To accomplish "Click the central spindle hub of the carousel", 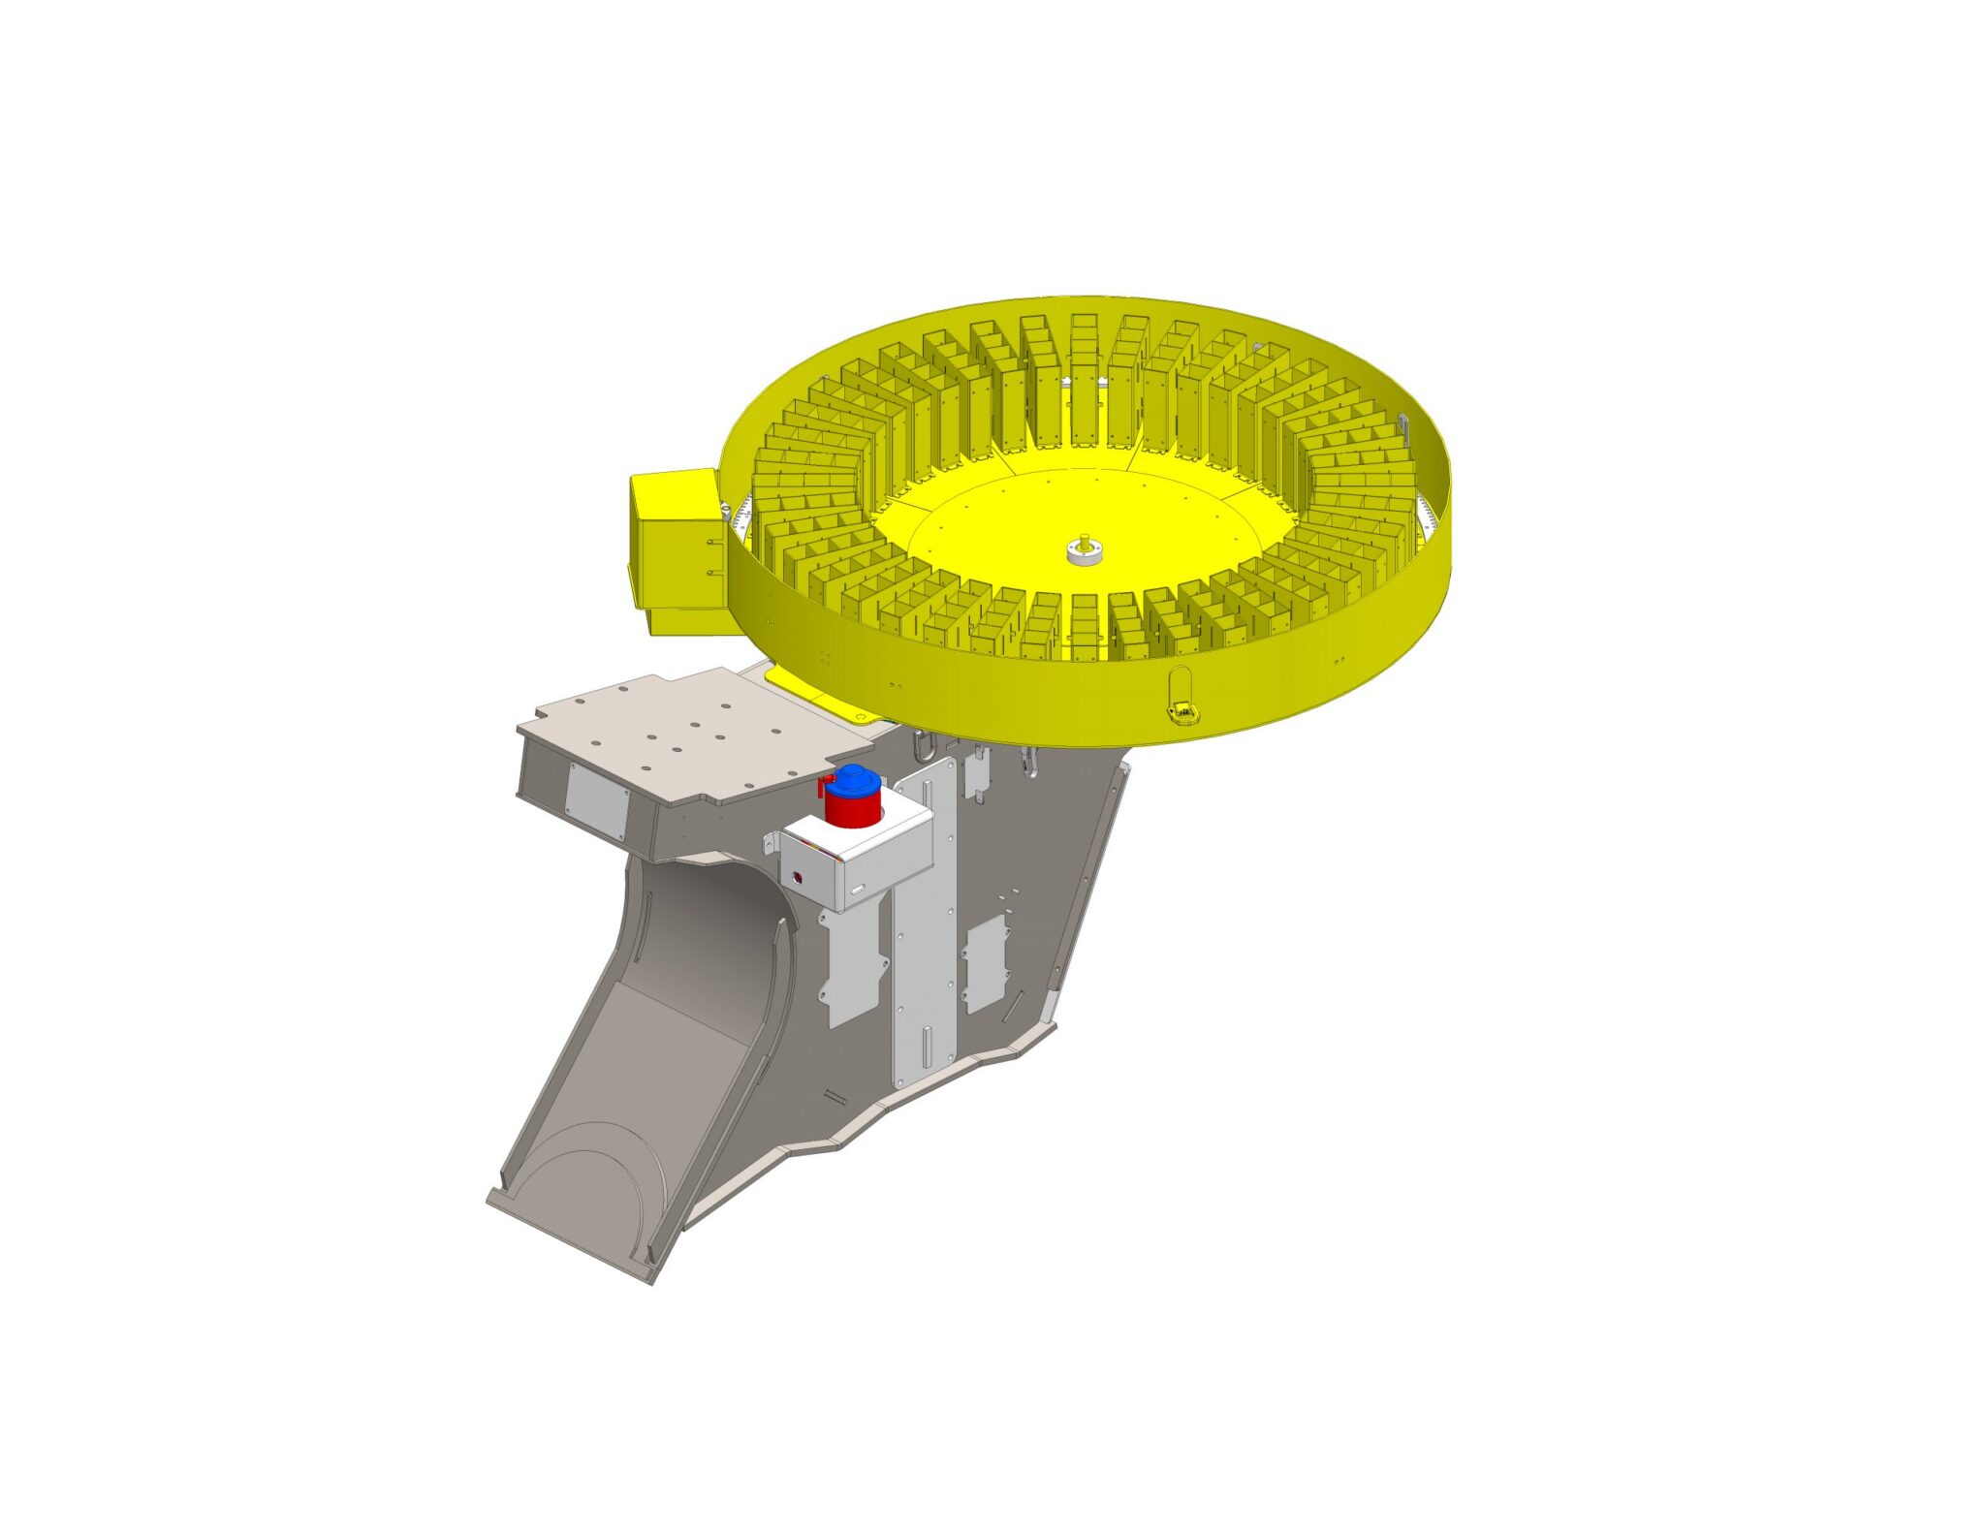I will coord(1084,552).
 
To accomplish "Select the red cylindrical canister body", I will coord(853,809).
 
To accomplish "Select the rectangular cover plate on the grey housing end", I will coord(597,800).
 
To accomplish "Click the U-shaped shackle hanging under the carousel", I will coord(923,745).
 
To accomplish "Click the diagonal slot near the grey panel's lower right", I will coord(1011,1008).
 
